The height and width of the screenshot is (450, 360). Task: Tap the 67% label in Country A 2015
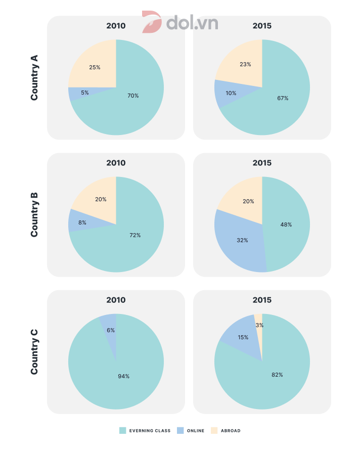pos(283,98)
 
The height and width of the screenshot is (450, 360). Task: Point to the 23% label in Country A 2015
pos(245,64)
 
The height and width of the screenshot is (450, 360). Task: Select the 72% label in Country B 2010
pos(135,235)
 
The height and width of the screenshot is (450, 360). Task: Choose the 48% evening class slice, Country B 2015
pos(287,224)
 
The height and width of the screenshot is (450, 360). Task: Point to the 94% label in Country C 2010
pos(124,376)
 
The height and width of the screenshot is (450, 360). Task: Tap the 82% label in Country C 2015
pos(277,375)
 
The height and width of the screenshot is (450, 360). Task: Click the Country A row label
pos(34,78)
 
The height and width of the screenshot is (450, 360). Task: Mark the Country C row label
pos(34,352)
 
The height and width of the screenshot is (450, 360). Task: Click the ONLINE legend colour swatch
pos(180,431)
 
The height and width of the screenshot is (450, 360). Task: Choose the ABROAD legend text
pos(231,431)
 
